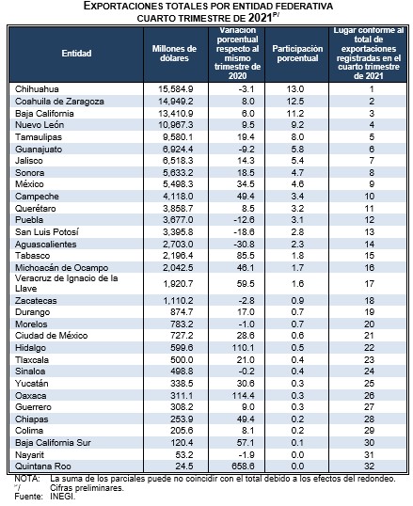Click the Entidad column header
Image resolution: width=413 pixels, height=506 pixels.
pos(76,54)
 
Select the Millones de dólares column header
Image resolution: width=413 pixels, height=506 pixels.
pos(174,54)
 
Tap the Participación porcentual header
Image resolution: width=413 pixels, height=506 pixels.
pos(297,54)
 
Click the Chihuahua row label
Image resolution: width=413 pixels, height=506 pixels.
pos(37,89)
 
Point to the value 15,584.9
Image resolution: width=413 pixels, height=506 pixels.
pos(176,89)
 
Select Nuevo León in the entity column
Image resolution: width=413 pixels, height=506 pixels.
pos(40,125)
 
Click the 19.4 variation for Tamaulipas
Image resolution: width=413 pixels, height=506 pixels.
pos(246,136)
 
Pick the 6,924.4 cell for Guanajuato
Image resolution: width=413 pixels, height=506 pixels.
pos(178,150)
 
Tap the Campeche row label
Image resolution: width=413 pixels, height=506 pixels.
pos(37,197)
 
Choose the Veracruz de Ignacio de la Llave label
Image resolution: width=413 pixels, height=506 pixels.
pos(66,283)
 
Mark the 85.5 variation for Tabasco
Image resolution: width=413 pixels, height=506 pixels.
pos(246,256)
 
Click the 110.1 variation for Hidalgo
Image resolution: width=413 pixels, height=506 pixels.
pos(244,348)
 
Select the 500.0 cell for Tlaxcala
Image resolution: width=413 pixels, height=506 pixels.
pos(182,360)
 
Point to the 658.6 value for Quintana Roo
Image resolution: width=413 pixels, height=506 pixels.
pos(244,466)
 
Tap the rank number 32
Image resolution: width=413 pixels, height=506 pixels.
pos(370,466)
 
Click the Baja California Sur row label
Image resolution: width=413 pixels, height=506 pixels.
pos(53,442)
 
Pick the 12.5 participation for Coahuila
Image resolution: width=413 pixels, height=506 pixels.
pos(295,102)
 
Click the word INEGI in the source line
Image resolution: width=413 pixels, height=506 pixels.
pos(63,497)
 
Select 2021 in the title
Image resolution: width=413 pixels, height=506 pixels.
pos(260,18)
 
